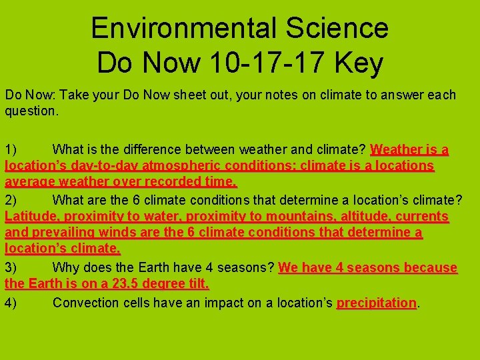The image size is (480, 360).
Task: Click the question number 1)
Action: pos(11,149)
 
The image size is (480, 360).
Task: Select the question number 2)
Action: pos(11,199)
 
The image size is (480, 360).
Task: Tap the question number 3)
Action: pos(11,268)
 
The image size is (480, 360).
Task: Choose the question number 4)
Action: pos(11,303)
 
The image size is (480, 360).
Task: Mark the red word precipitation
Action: pos(377,303)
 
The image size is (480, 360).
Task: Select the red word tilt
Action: pos(197,285)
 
